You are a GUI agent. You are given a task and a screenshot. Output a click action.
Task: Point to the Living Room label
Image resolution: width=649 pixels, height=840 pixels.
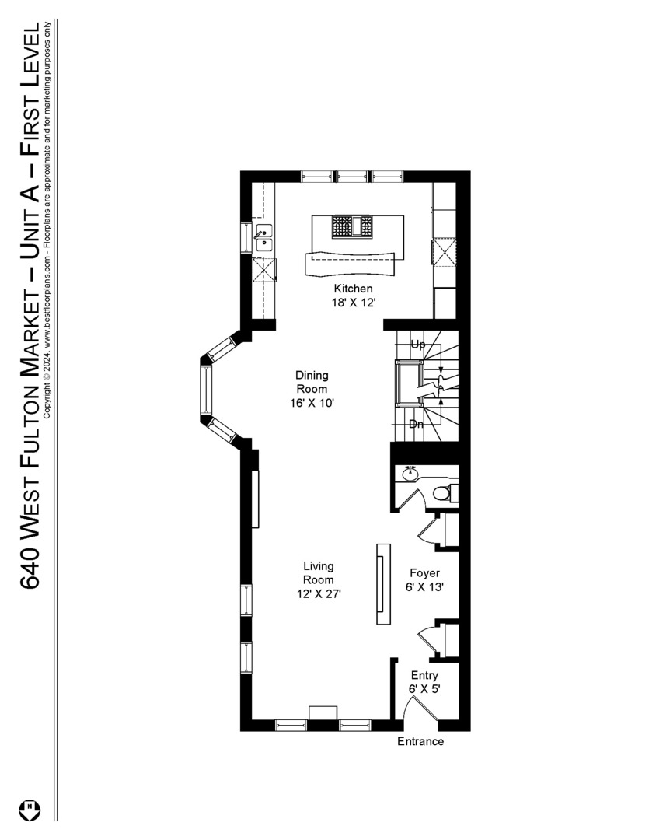click(x=319, y=572)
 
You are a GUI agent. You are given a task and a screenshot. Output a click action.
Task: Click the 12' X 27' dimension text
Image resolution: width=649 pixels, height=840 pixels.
click(x=319, y=593)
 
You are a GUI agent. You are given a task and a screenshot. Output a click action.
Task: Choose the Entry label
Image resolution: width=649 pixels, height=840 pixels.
click(x=424, y=675)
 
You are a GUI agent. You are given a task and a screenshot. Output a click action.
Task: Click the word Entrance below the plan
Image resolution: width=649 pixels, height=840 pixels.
click(x=420, y=741)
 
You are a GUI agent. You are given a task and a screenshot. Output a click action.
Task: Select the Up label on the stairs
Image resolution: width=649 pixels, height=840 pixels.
click(x=417, y=344)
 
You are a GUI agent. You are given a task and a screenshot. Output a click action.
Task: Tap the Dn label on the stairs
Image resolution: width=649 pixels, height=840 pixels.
click(x=417, y=424)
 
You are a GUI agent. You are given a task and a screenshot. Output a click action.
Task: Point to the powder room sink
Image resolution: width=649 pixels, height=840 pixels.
click(x=410, y=473)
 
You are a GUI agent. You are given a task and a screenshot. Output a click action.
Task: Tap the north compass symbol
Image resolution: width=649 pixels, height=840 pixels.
click(x=32, y=808)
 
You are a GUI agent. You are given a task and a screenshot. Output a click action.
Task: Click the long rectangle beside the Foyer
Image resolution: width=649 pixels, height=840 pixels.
click(x=384, y=583)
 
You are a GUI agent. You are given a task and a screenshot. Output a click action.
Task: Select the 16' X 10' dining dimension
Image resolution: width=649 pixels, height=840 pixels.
click(x=311, y=403)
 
